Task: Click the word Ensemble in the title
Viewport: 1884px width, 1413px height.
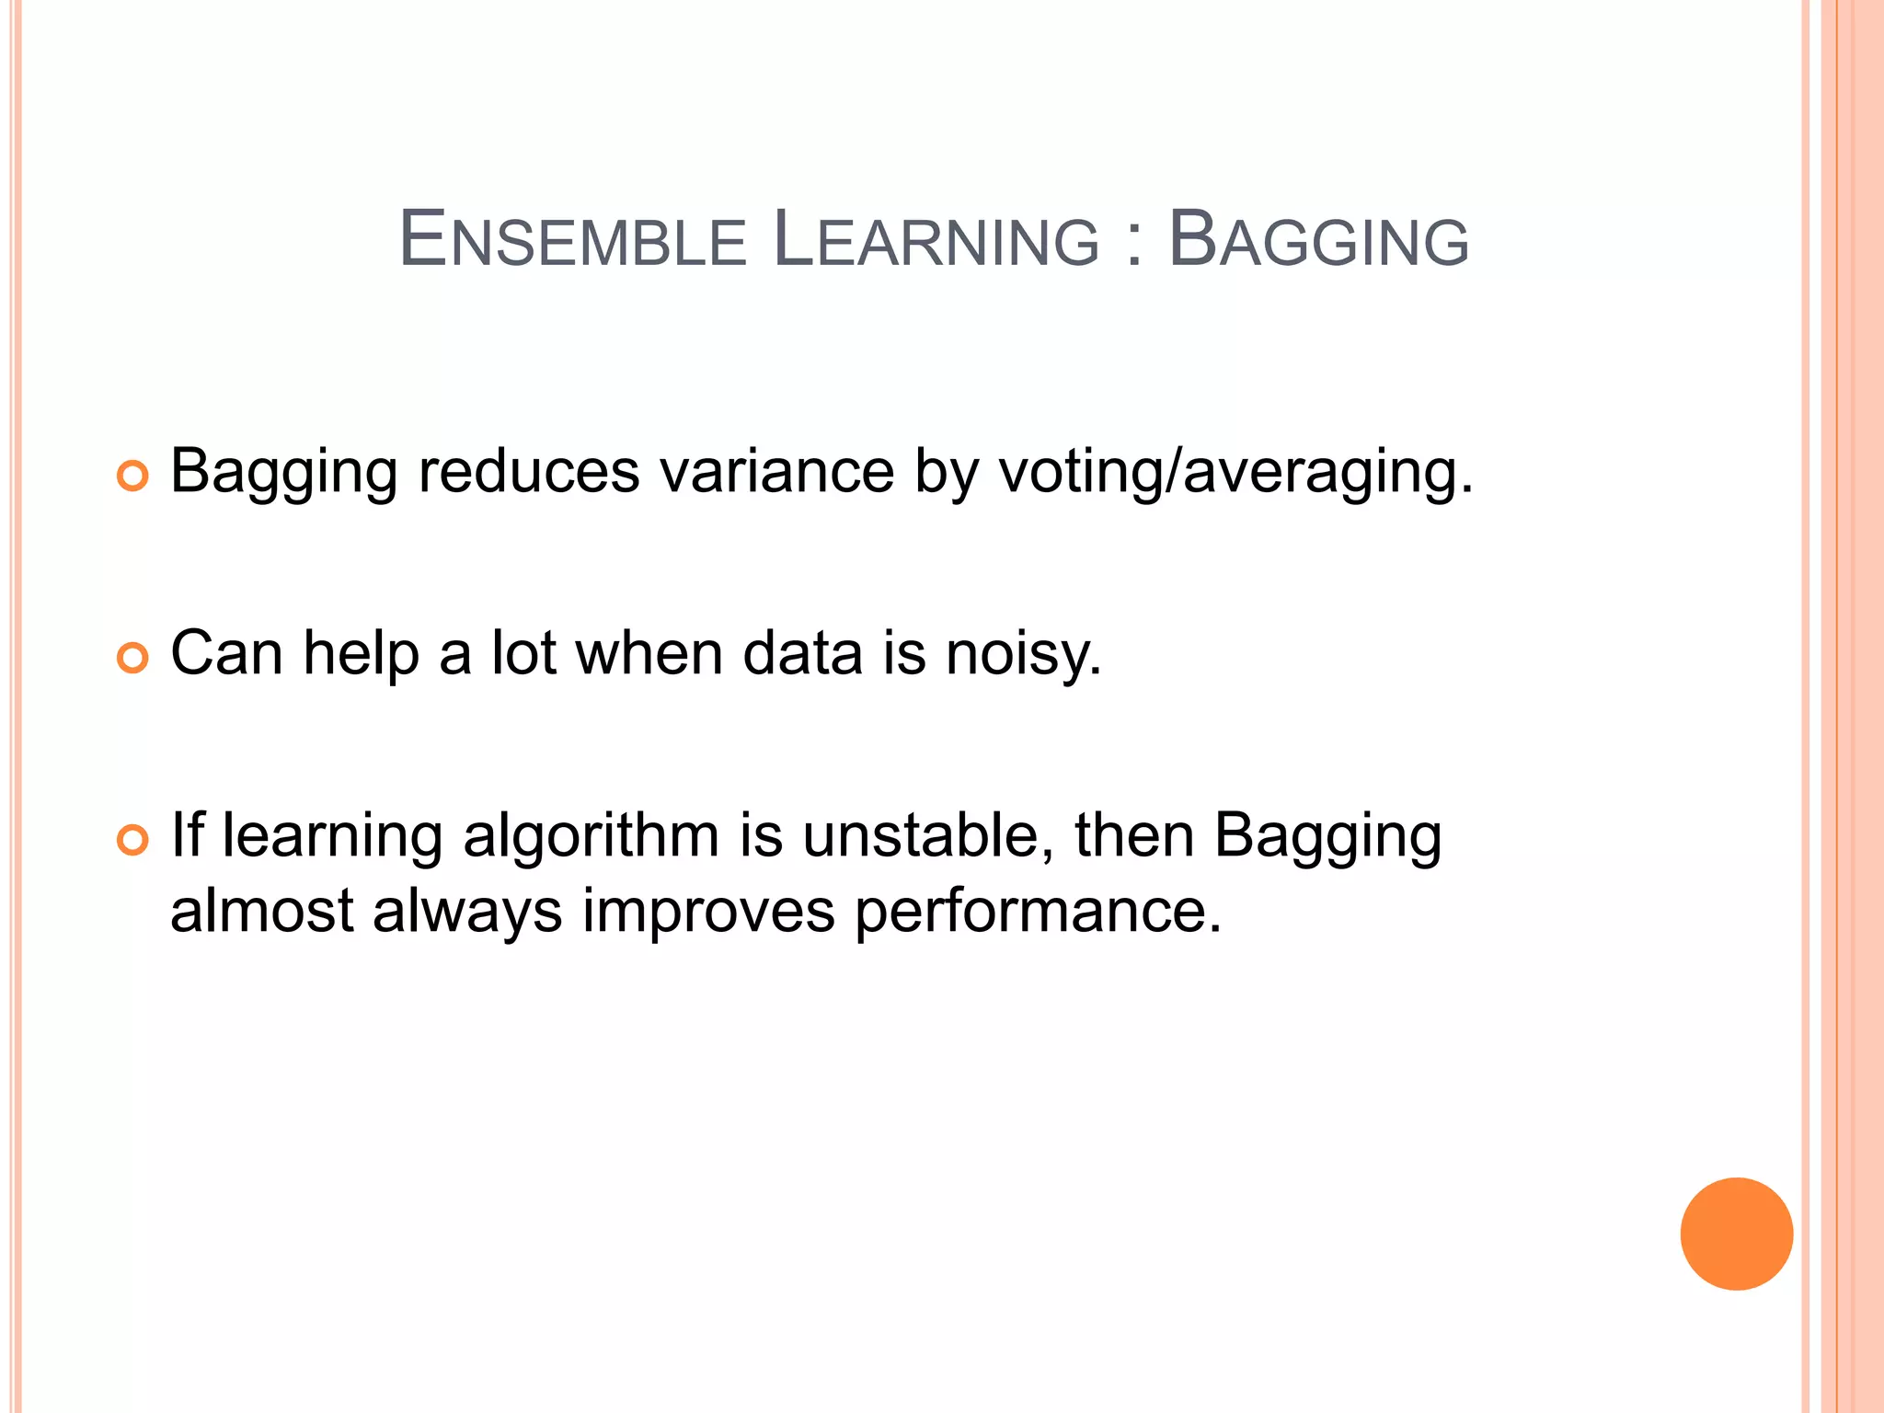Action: click(x=572, y=241)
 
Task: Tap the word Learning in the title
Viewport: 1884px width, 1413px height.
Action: click(x=936, y=241)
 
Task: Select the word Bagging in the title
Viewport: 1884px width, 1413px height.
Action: click(x=1318, y=241)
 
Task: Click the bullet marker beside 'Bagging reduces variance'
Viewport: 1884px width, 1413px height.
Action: click(x=132, y=477)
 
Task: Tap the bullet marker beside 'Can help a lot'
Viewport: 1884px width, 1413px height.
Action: click(x=132, y=659)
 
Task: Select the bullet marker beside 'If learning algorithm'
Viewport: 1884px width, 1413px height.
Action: click(x=132, y=841)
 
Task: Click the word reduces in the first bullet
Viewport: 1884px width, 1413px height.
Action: click(x=528, y=471)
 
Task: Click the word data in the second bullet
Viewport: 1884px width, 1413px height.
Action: click(x=802, y=653)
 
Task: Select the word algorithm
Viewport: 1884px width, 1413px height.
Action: click(x=591, y=837)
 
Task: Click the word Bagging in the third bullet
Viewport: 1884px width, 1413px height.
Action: click(x=1327, y=837)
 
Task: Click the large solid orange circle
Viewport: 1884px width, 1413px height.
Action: click(x=1736, y=1234)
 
